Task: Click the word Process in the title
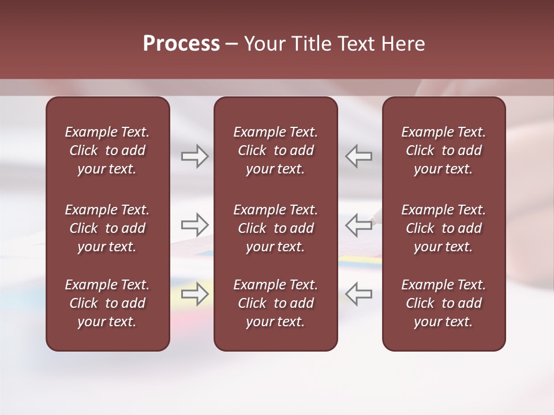pyautogui.click(x=181, y=44)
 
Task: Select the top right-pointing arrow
pyautogui.click(x=194, y=156)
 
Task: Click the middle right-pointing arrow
pyautogui.click(x=194, y=225)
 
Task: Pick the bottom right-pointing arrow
pyautogui.click(x=194, y=294)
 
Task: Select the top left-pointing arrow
pyautogui.click(x=359, y=156)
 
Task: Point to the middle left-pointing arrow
pyautogui.click(x=359, y=225)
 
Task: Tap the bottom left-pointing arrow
pyautogui.click(x=359, y=294)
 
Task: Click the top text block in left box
pyautogui.click(x=107, y=150)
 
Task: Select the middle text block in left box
pyautogui.click(x=107, y=228)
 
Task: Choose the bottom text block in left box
pyautogui.click(x=107, y=303)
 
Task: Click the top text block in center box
pyautogui.click(x=276, y=150)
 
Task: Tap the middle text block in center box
pyautogui.click(x=276, y=228)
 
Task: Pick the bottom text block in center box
pyautogui.click(x=276, y=303)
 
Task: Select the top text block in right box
pyautogui.click(x=444, y=150)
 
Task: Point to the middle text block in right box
pyautogui.click(x=444, y=228)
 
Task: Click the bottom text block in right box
pyautogui.click(x=444, y=303)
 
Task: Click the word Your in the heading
pyautogui.click(x=263, y=44)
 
